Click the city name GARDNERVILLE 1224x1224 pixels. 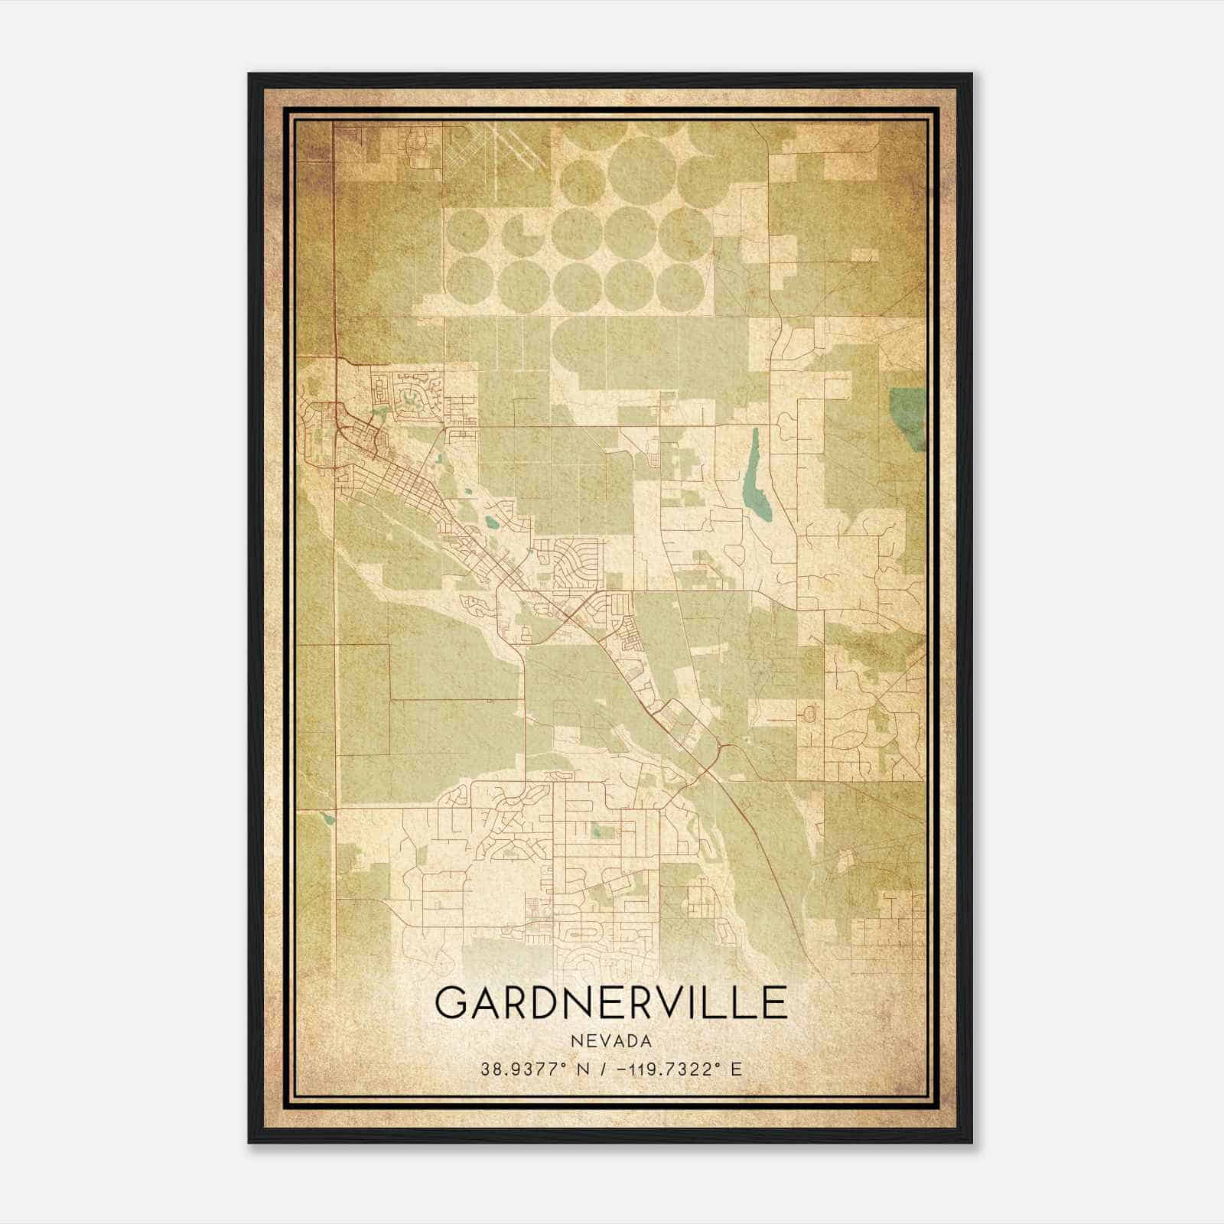pyautogui.click(x=610, y=1002)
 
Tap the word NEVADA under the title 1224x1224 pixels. pyautogui.click(x=610, y=1041)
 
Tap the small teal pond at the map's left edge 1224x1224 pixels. pyautogui.click(x=327, y=818)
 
